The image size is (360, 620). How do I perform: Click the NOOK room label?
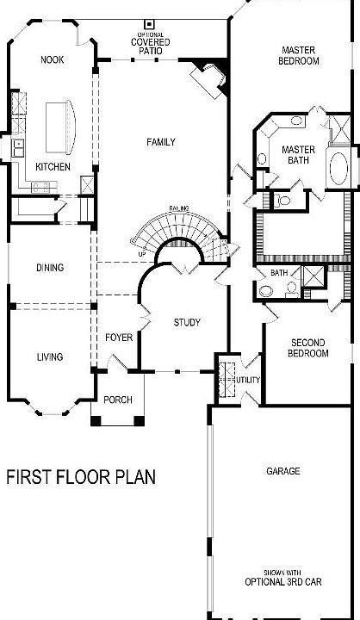pyautogui.click(x=53, y=59)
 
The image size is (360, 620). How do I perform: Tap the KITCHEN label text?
pyautogui.click(x=52, y=167)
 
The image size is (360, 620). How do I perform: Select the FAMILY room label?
pyautogui.click(x=161, y=142)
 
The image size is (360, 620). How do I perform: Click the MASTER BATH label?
pyautogui.click(x=299, y=155)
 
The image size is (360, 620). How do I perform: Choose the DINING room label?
pyautogui.click(x=49, y=268)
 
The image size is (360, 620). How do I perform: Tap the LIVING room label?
pyautogui.click(x=49, y=356)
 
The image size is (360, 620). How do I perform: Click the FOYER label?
pyautogui.click(x=119, y=338)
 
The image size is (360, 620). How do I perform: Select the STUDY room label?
pyautogui.click(x=187, y=323)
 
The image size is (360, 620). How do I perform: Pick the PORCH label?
pyautogui.click(x=118, y=400)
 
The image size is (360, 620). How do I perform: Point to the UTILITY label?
pyautogui.click(x=248, y=380)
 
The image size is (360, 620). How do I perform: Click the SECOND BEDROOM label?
pyautogui.click(x=307, y=348)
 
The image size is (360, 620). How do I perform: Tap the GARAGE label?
pyautogui.click(x=282, y=471)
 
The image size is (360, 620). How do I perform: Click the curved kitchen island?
pyautogui.click(x=62, y=125)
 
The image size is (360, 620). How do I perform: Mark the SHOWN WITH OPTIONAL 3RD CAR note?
pyautogui.click(x=282, y=576)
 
